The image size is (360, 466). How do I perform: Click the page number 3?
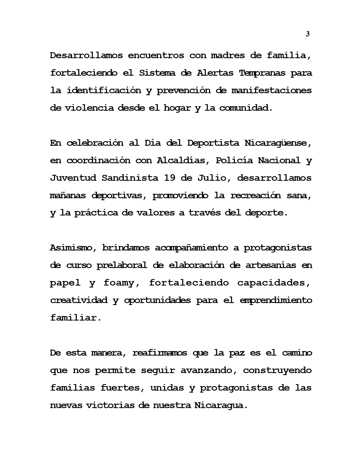[307, 34]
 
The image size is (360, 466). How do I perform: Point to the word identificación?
[104, 90]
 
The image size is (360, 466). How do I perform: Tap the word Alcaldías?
[182, 160]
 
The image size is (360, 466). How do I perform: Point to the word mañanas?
[68, 195]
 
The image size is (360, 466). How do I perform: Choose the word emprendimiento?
[276, 300]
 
